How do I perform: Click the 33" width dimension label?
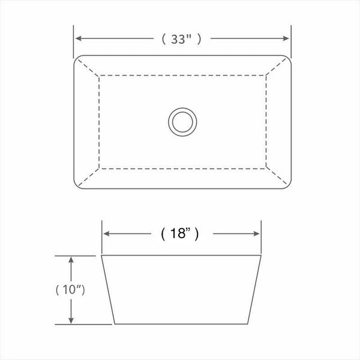click(x=181, y=39)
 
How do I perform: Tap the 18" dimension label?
click(x=181, y=234)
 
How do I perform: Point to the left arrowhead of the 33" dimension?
click(x=77, y=39)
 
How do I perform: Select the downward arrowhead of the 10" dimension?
click(x=71, y=321)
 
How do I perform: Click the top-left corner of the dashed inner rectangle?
click(x=98, y=75)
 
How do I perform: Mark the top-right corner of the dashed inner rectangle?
click(x=266, y=75)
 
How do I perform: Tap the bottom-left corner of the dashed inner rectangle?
click(x=98, y=169)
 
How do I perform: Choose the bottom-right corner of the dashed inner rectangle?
click(x=266, y=169)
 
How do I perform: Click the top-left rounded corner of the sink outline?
click(x=76, y=59)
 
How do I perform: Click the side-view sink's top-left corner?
click(x=101, y=256)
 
